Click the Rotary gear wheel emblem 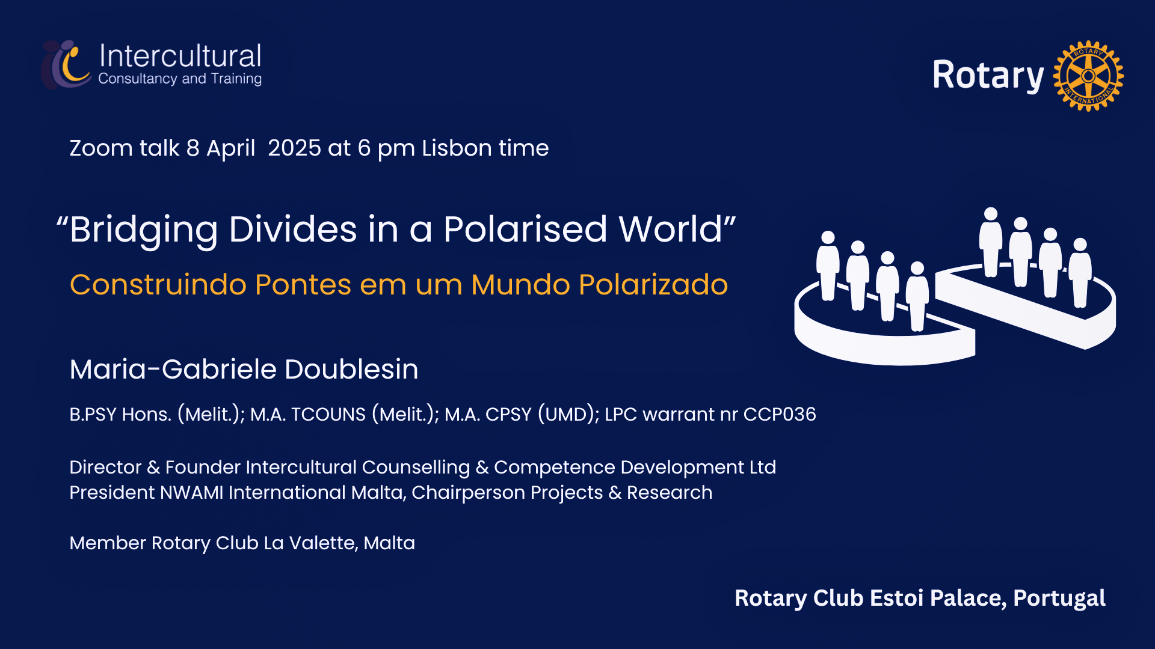pos(1088,76)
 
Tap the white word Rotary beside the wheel pos(988,76)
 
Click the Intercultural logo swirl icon pos(66,64)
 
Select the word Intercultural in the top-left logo pos(180,56)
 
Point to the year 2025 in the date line pos(294,148)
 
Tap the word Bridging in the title pos(143,230)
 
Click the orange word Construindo pos(158,285)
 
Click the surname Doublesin pos(351,369)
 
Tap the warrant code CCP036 pos(780,415)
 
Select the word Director pos(105,468)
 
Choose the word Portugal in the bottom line pos(1059,599)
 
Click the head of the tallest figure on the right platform pos(990,214)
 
